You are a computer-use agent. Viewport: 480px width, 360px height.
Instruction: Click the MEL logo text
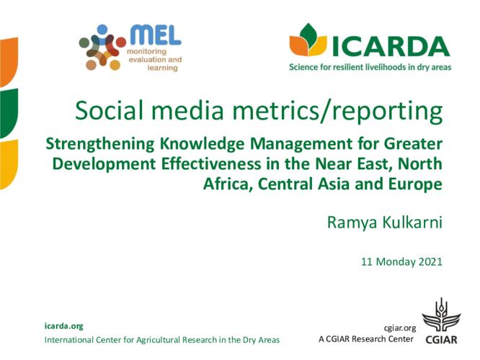pos(156,35)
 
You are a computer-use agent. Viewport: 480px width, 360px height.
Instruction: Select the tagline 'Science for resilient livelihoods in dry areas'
pos(370,67)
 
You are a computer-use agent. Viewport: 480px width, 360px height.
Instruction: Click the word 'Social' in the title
pos(110,110)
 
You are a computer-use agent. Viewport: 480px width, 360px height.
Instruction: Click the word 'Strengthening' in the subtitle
pos(99,145)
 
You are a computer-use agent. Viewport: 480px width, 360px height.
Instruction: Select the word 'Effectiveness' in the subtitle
pos(211,163)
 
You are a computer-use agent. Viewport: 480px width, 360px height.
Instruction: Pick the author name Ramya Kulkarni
pos(384,222)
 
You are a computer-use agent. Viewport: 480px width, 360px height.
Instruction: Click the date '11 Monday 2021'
pos(401,262)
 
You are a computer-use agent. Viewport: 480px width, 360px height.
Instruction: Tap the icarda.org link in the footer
pos(63,326)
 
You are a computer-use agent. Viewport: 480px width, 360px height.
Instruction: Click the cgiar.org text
pos(400,328)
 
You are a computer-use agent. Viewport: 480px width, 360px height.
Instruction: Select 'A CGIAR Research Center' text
pos(366,339)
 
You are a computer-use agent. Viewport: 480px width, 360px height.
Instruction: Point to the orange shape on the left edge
pos(9,61)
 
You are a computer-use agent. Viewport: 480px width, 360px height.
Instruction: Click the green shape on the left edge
pos(9,112)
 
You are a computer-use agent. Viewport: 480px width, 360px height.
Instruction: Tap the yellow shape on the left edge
pos(9,164)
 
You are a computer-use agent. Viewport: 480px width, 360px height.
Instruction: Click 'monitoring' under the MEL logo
pos(146,52)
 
